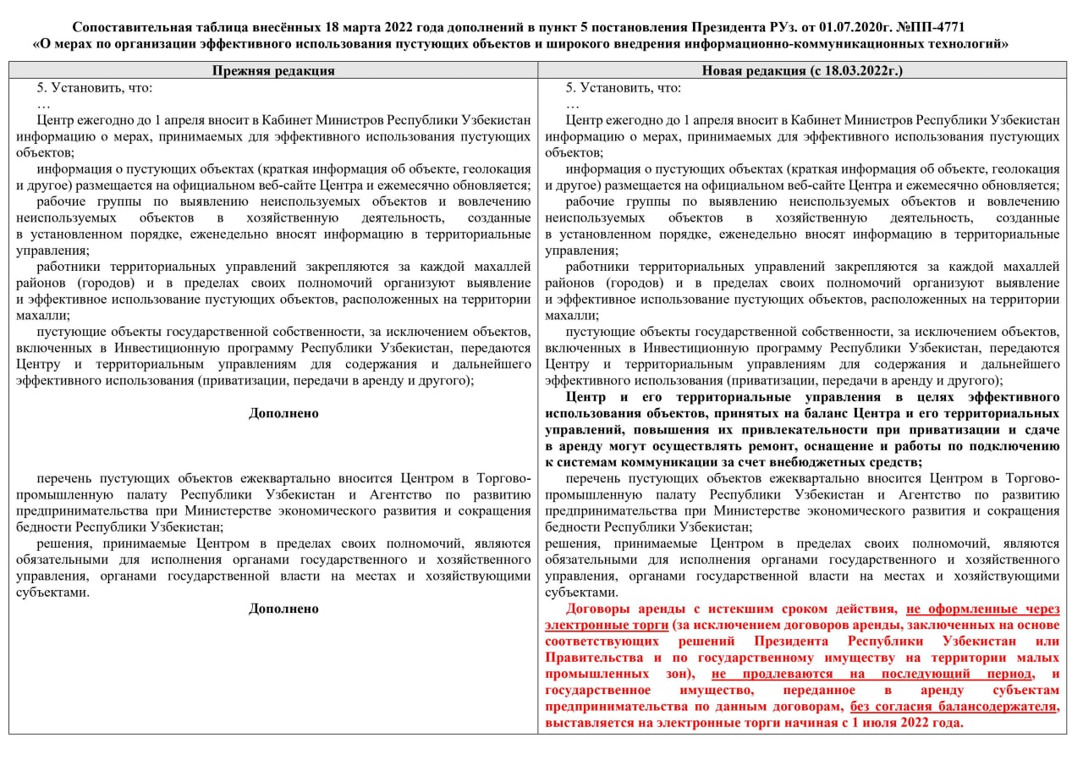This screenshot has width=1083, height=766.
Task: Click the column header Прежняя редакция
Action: pyautogui.click(x=272, y=71)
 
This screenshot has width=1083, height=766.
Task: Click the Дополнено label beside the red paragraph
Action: pyautogui.click(x=283, y=609)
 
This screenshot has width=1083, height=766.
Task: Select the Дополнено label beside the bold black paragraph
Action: pyautogui.click(x=283, y=413)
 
